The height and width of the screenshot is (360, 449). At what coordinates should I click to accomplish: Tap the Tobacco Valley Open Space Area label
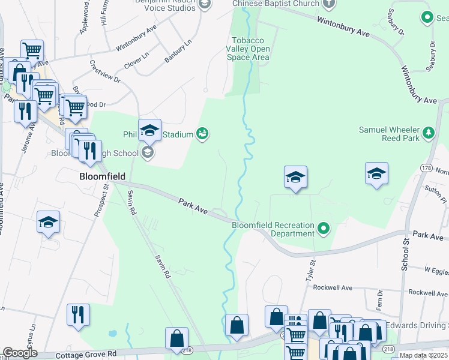point(248,49)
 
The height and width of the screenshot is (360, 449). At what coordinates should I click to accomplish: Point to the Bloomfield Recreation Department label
point(273,229)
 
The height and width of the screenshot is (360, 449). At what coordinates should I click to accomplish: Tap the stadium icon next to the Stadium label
point(203,134)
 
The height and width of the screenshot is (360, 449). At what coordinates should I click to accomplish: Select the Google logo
point(20,353)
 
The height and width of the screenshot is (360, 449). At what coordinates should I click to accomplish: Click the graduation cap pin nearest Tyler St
point(295,177)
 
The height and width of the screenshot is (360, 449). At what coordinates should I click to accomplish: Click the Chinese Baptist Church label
point(276,4)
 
